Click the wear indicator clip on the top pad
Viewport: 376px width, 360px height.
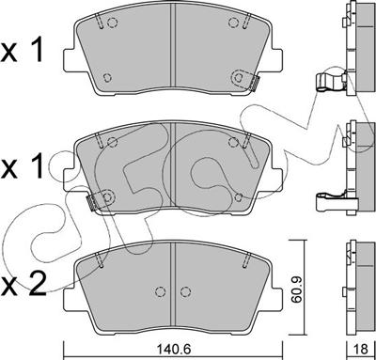[x=251, y=83]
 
